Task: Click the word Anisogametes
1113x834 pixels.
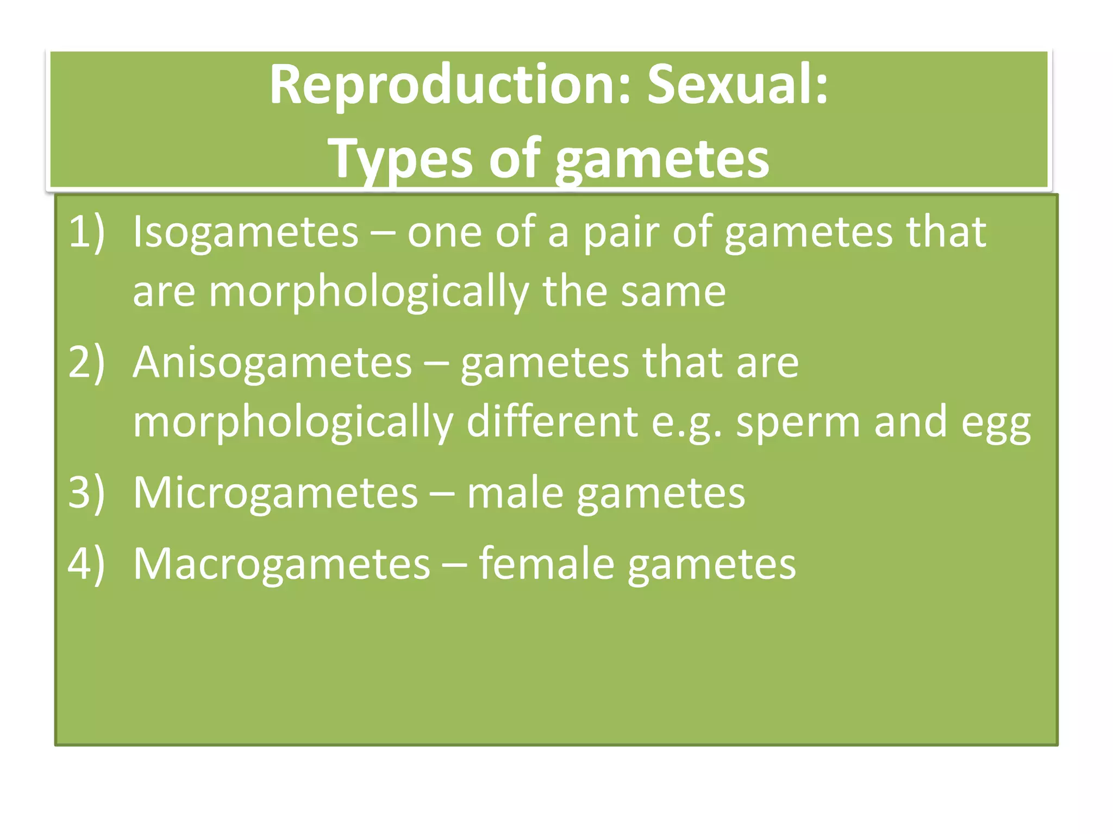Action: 272,363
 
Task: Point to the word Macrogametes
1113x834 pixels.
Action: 282,564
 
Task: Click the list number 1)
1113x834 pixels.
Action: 86,232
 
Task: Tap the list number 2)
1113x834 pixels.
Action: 86,363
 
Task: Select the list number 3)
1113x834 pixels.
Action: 86,492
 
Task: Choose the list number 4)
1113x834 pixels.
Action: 86,564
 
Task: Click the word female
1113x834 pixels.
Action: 546,564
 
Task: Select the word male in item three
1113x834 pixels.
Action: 515,492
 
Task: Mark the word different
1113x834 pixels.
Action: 552,422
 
